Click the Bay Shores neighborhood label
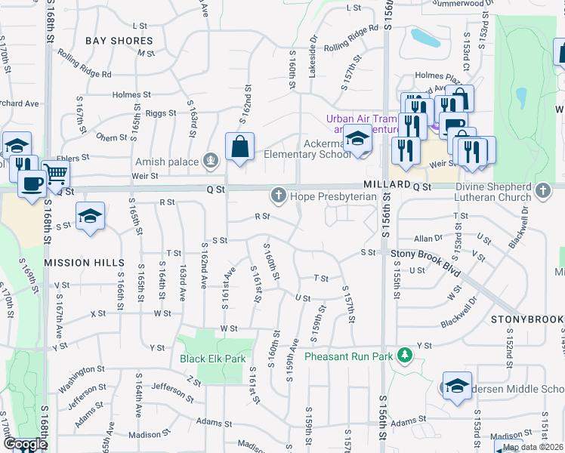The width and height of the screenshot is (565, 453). click(x=119, y=41)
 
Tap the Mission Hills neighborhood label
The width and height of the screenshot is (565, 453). click(x=84, y=262)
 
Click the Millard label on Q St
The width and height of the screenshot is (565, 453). click(x=386, y=185)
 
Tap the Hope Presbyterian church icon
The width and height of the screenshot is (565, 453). click(x=278, y=196)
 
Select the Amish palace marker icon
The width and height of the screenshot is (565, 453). click(x=211, y=161)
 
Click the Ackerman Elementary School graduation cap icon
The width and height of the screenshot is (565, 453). click(x=358, y=139)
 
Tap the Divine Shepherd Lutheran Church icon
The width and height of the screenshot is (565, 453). click(x=542, y=192)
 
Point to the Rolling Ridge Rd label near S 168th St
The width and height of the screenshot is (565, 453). click(x=85, y=74)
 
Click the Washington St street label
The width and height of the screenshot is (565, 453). click(x=82, y=374)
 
